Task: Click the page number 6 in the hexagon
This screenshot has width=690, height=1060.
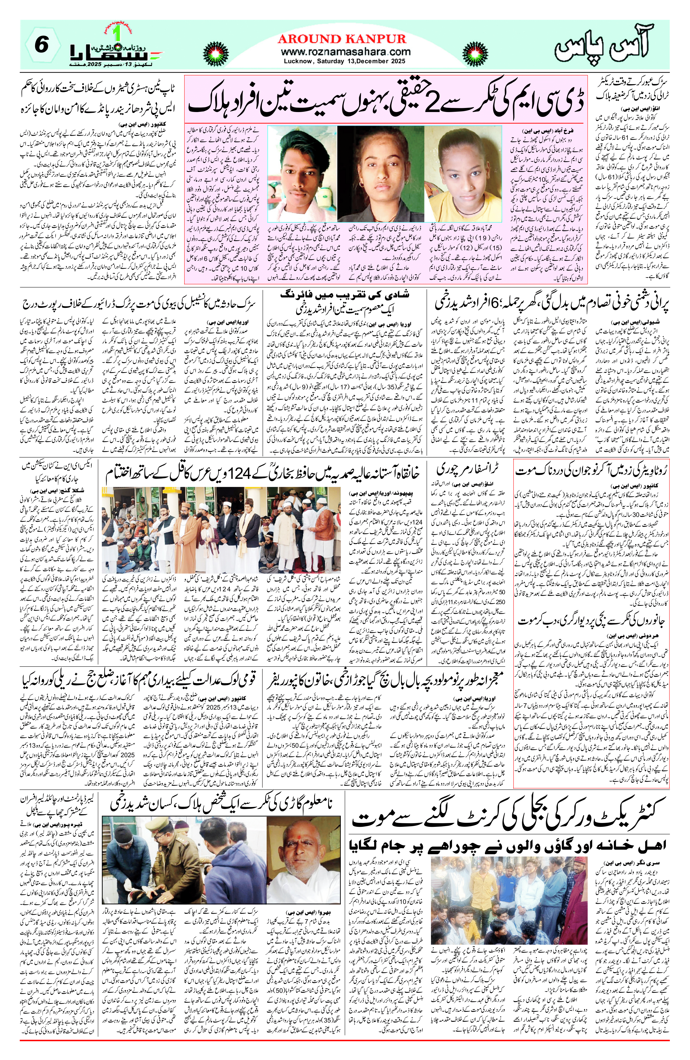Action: pos(41,46)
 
